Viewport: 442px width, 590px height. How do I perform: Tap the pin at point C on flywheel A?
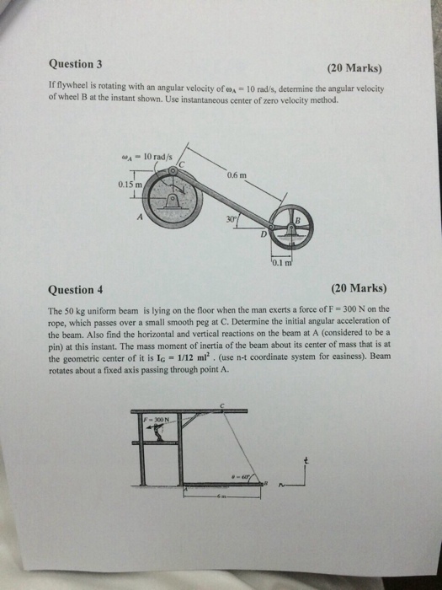(x=172, y=170)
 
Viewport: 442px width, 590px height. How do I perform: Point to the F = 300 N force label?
(x=155, y=419)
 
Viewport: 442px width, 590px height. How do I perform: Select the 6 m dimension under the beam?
(x=217, y=497)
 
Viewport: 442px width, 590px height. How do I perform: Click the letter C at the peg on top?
(x=221, y=405)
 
